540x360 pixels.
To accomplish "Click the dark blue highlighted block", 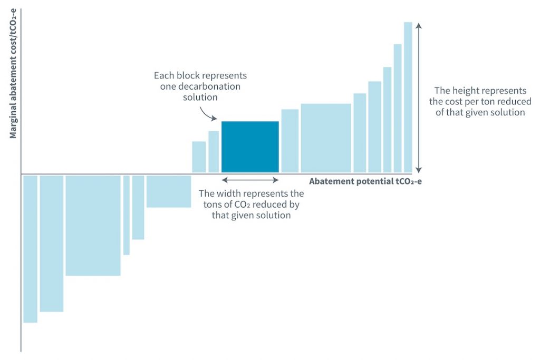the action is click(x=250, y=147).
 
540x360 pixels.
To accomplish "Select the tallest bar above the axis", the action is click(x=408, y=98).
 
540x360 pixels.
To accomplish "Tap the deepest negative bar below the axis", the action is click(x=30, y=249).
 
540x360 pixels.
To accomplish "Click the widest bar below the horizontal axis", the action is click(x=93, y=226).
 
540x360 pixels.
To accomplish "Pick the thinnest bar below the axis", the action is click(x=127, y=215).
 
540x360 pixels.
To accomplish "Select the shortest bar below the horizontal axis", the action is click(x=169, y=191).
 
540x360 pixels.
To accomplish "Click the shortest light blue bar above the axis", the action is click(x=199, y=157).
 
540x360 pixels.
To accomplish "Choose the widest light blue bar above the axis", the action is click(x=326, y=138).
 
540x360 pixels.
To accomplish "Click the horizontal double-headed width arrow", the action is click(x=250, y=180).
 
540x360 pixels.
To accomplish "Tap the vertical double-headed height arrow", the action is click(x=418, y=98).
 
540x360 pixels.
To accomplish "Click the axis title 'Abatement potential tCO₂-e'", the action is click(x=365, y=181).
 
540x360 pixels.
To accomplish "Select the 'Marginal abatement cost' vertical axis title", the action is click(x=13, y=73).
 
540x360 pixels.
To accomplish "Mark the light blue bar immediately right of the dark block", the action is click(x=290, y=141).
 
